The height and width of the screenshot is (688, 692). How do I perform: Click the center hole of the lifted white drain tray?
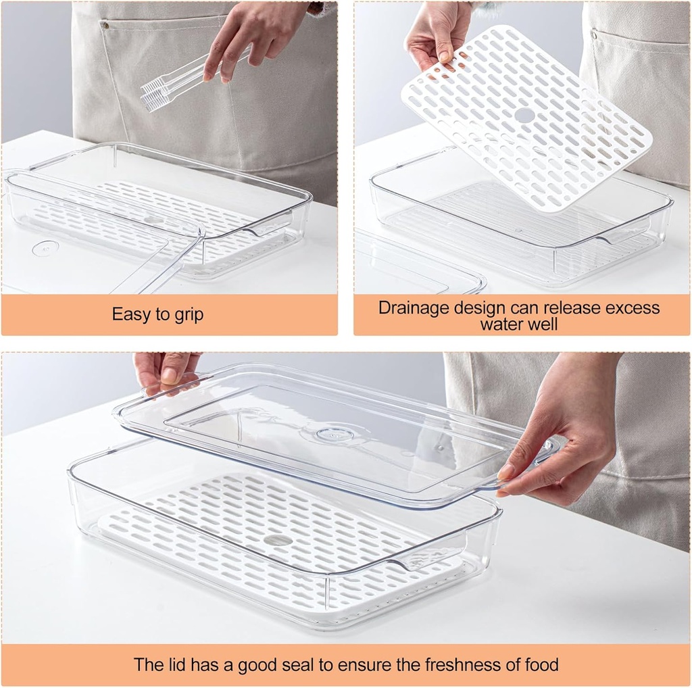click(x=524, y=115)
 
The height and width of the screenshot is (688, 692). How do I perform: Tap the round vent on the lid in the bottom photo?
click(x=334, y=434)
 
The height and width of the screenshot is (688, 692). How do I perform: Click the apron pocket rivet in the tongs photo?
click(x=105, y=26)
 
